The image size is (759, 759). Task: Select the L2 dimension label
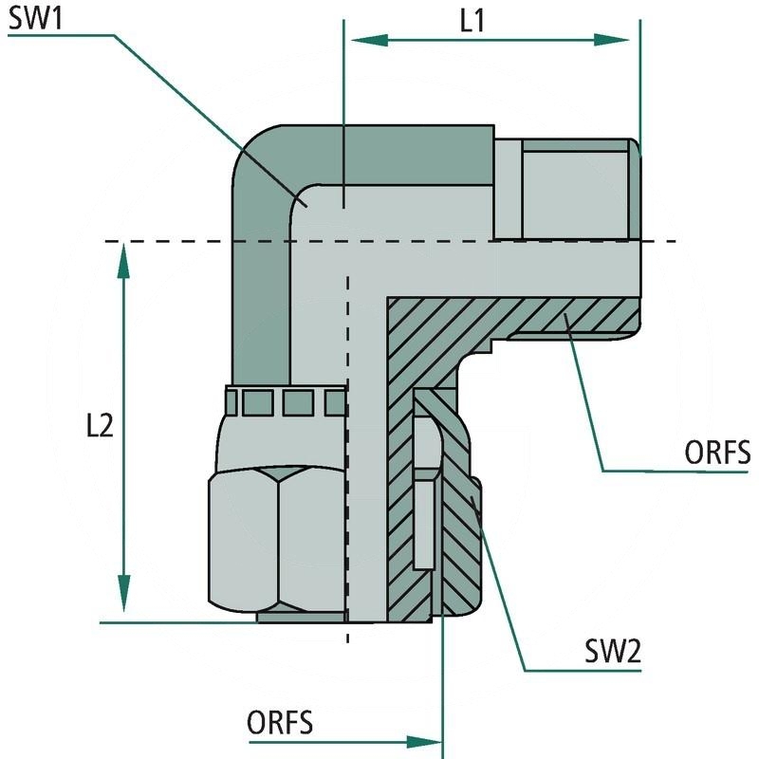pos(99,426)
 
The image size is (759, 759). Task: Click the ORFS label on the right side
pos(716,453)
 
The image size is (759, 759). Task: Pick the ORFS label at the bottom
pos(280,723)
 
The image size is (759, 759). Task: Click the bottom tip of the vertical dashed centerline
pos(347,641)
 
